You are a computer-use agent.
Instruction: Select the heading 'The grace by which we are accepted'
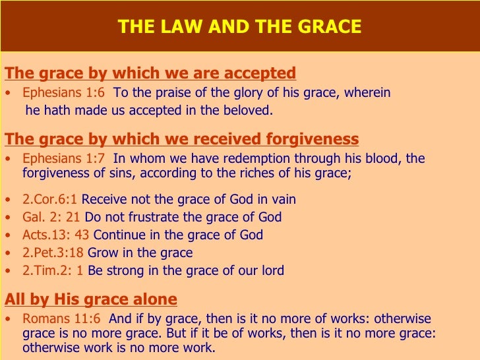(150, 73)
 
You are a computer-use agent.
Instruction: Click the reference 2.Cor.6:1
(50, 199)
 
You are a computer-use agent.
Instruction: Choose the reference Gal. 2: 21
(50, 217)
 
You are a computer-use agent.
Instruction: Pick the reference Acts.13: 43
(56, 235)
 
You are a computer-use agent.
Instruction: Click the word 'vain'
(282, 199)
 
